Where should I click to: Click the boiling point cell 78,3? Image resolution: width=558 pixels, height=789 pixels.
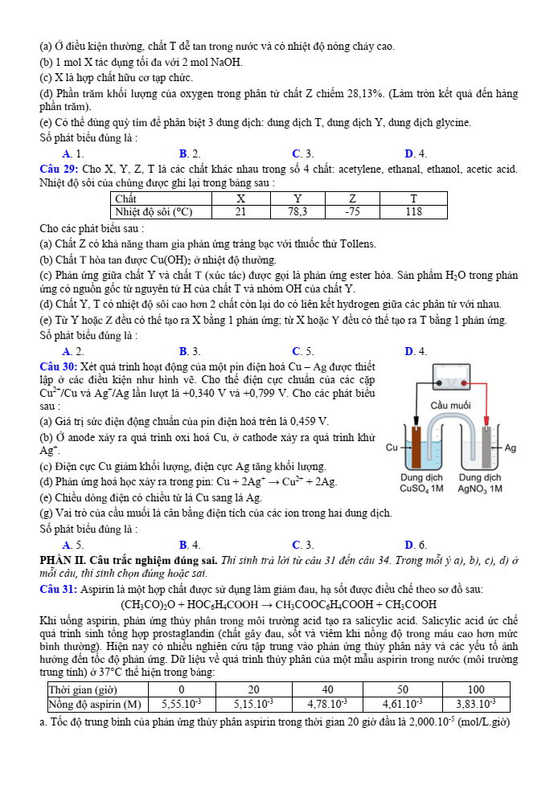(297, 212)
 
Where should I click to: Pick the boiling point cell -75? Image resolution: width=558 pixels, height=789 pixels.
(352, 212)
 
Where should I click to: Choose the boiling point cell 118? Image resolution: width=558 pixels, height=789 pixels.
(414, 212)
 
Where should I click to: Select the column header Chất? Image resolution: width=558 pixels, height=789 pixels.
(126, 198)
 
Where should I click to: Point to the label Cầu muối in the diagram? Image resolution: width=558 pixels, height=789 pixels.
(451, 405)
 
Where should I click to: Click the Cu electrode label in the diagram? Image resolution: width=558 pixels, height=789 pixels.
(392, 448)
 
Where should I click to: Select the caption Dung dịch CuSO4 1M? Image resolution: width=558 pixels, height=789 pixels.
(421, 483)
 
